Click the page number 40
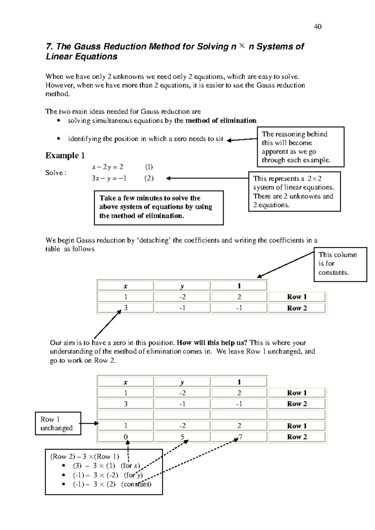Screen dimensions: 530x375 click(317, 27)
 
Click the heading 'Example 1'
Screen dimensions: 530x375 click(65, 155)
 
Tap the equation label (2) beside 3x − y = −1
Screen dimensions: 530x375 click(149, 178)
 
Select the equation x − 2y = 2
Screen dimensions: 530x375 click(107, 167)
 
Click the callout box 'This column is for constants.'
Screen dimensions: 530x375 click(340, 264)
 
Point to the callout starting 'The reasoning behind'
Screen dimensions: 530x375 click(300, 147)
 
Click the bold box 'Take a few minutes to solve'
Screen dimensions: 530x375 click(159, 207)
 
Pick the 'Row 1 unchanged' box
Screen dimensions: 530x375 click(58, 424)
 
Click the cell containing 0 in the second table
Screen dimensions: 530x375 click(126, 437)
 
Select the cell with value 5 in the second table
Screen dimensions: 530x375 click(182, 437)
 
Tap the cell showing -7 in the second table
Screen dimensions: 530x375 click(239, 437)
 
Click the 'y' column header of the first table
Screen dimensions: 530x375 click(182, 286)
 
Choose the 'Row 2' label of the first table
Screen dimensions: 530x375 click(297, 308)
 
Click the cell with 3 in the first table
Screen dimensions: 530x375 click(126, 308)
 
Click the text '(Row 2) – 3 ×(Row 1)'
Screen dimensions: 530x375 click(84, 456)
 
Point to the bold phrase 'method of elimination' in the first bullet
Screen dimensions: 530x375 click(221, 121)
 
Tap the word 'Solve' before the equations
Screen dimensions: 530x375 click(55, 173)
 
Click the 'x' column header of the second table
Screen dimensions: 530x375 click(126, 382)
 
